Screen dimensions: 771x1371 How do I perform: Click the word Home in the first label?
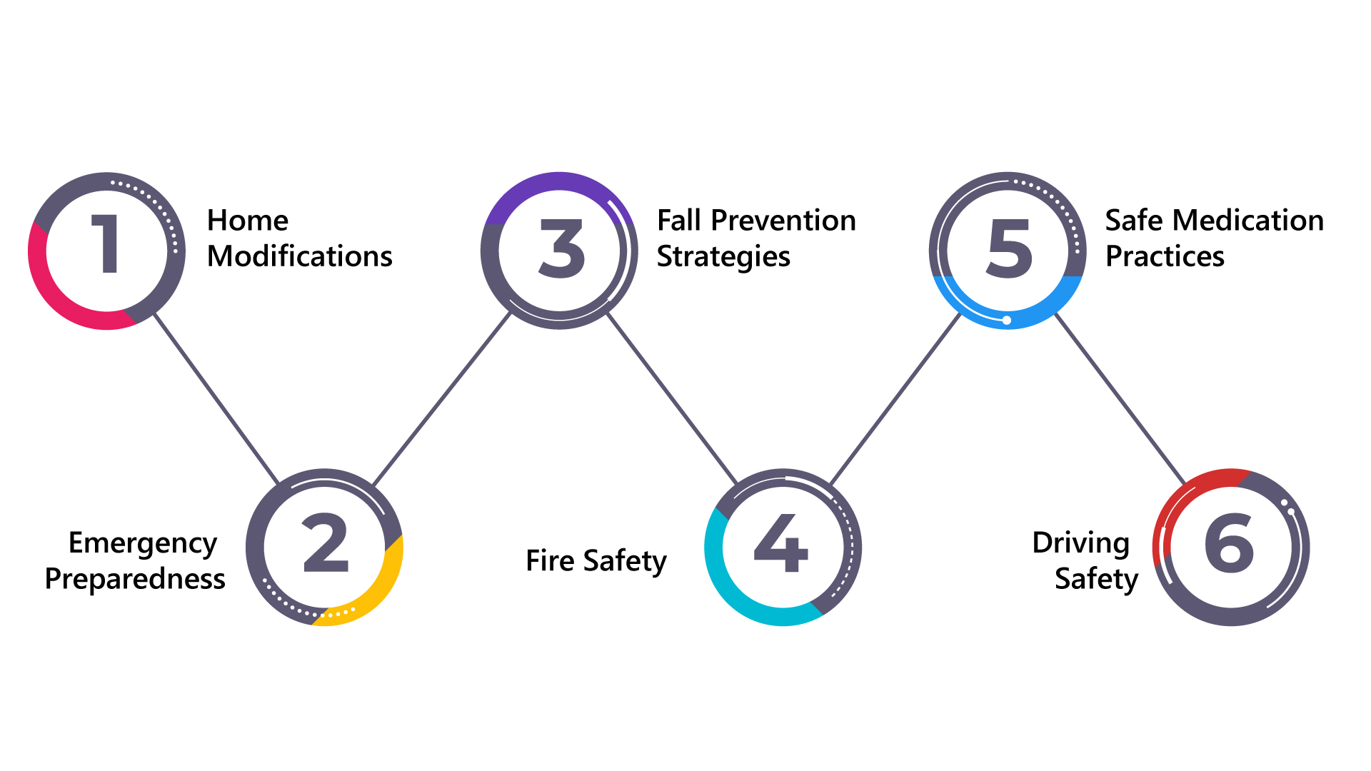coord(247,221)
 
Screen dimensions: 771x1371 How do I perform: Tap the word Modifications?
coord(299,256)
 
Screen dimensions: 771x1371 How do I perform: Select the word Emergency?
coord(142,544)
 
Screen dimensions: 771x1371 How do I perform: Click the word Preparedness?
coord(135,579)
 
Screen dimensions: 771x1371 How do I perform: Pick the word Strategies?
coord(723,257)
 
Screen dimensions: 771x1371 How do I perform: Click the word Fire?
coord(550,560)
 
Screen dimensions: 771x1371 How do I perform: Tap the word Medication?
coord(1258,221)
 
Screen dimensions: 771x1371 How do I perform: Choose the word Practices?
coord(1165,256)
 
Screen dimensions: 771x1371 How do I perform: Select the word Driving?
coord(1080,543)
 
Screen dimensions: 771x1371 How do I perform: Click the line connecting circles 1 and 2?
coord(216,398)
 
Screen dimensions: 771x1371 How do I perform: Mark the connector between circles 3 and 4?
coord(671,398)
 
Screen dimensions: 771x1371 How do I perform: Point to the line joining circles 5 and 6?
coord(1120,398)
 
